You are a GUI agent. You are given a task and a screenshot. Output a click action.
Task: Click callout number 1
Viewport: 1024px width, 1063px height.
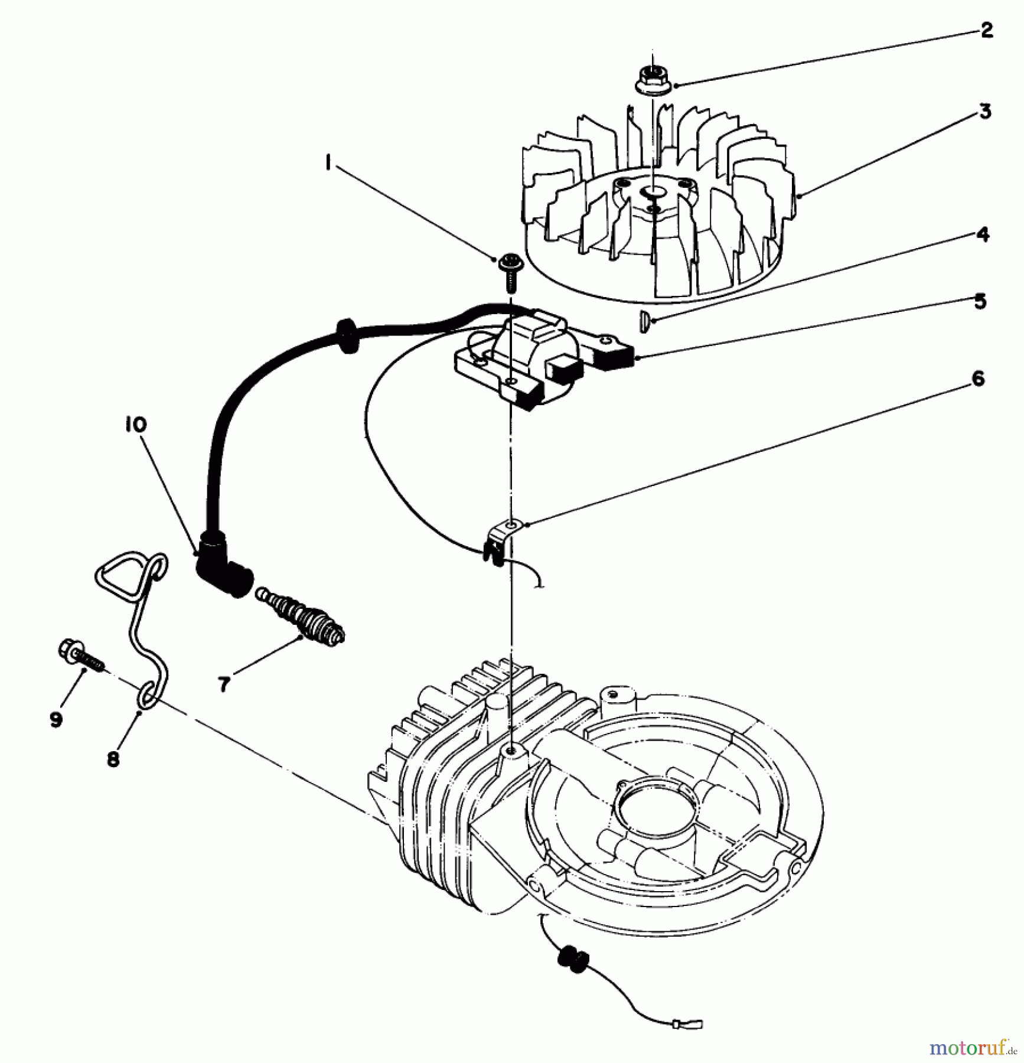click(x=327, y=164)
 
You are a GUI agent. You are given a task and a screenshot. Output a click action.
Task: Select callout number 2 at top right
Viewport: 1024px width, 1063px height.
click(x=986, y=30)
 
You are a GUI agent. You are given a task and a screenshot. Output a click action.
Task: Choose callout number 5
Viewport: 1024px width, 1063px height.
click(x=980, y=302)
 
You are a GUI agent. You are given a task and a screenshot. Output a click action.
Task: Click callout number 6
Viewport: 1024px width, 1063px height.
click(x=977, y=379)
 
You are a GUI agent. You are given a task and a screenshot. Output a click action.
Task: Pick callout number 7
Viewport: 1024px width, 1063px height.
click(x=223, y=684)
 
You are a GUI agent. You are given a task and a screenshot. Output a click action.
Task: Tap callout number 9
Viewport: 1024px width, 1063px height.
click(x=56, y=719)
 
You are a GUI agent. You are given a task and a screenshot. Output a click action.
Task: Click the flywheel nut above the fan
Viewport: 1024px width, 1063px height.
click(x=653, y=79)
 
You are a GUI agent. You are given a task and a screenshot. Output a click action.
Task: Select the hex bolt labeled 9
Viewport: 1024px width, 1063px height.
click(x=80, y=656)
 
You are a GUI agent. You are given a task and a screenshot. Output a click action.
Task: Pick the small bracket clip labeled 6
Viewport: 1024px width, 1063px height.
click(x=502, y=537)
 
